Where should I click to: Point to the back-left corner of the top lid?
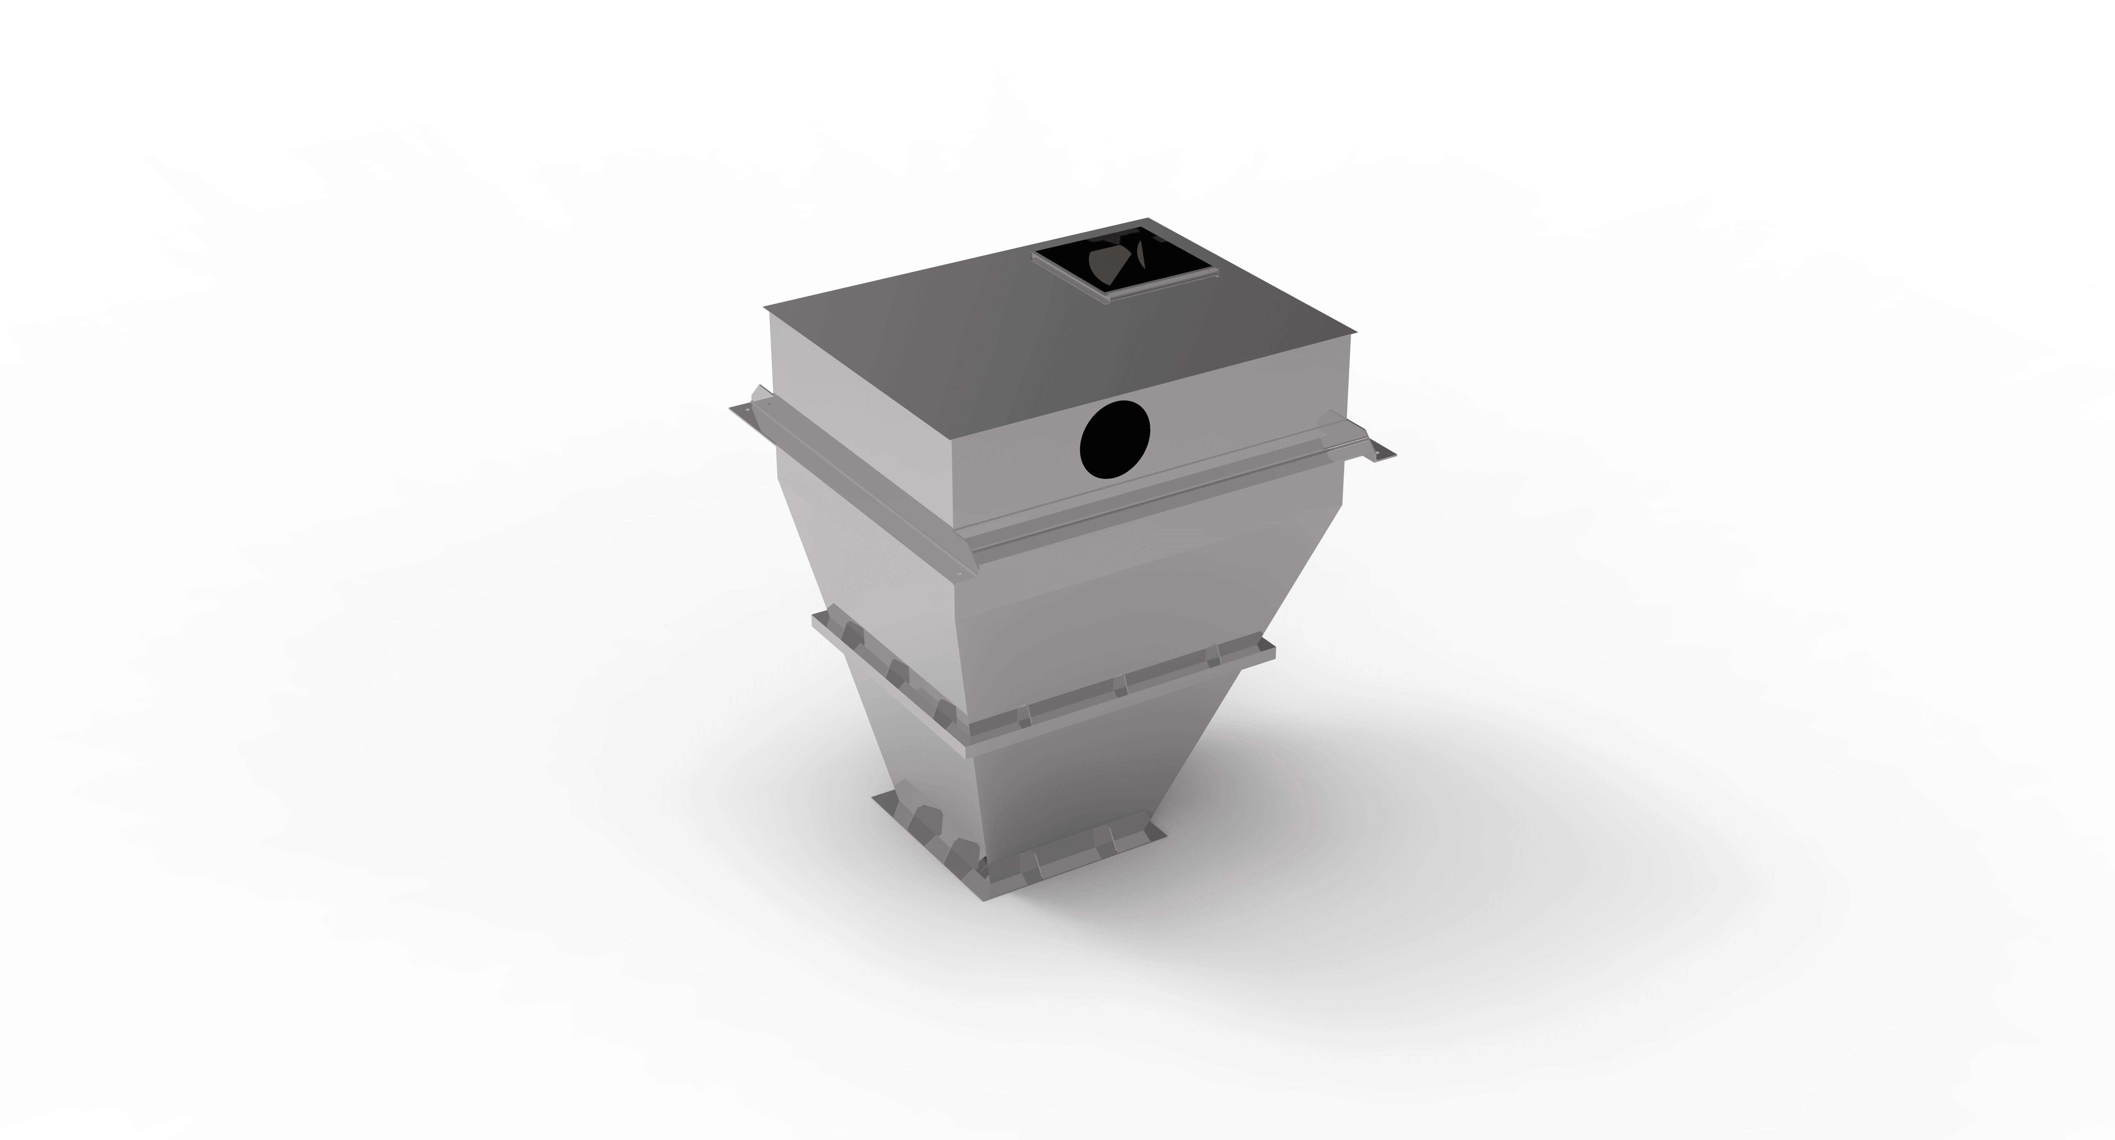pos(765,309)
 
